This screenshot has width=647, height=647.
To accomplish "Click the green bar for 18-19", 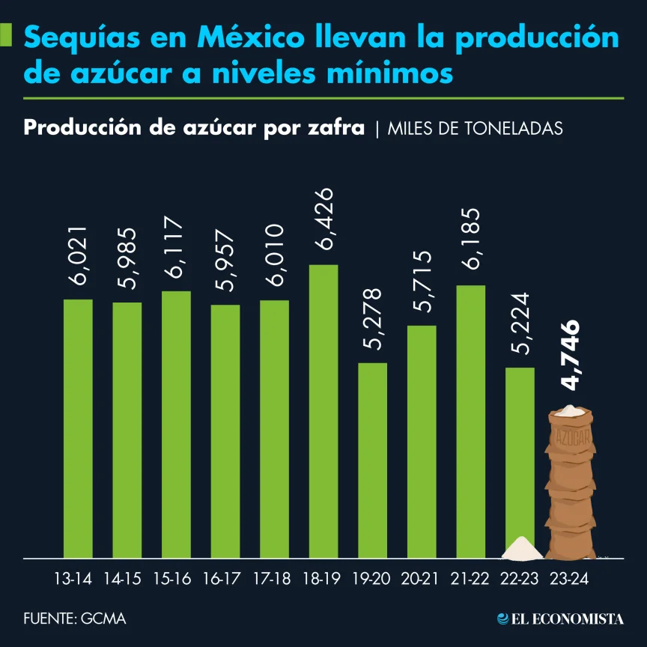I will pyautogui.click(x=323, y=412).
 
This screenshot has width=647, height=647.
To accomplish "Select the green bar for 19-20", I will pyautogui.click(x=372, y=461).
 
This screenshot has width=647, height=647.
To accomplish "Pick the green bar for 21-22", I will pyautogui.click(x=470, y=422).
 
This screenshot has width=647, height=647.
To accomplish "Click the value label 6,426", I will pyautogui.click(x=323, y=222).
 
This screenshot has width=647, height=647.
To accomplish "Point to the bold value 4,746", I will pyautogui.click(x=571, y=356).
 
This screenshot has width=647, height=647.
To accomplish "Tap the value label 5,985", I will pyautogui.click(x=127, y=259).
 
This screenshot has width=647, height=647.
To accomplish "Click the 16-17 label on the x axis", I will pyautogui.click(x=225, y=579).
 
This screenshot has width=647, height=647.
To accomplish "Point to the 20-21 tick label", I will pyautogui.click(x=421, y=579).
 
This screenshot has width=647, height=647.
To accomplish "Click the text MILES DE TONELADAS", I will pyautogui.click(x=476, y=129).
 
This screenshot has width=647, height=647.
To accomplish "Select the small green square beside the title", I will pyautogui.click(x=7, y=34).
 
